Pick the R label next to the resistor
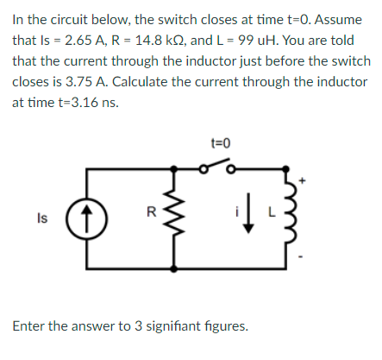tap(153, 210)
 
